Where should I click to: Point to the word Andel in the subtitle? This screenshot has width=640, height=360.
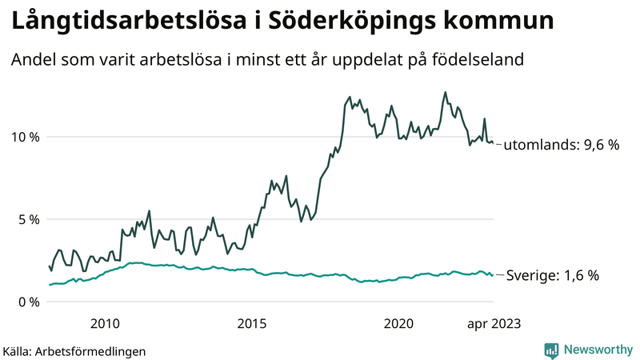tap(33, 60)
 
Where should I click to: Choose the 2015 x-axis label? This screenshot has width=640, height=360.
tap(252, 323)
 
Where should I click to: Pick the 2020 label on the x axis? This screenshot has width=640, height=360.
tap(398, 323)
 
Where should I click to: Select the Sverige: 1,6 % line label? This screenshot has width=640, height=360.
tap(551, 276)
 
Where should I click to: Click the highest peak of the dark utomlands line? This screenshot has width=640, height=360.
tap(445, 92)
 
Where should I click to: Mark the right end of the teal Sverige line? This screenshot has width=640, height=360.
tap(493, 275)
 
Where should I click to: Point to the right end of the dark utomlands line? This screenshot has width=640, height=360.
tap(493, 143)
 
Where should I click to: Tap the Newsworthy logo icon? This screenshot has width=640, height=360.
tap(551, 350)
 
